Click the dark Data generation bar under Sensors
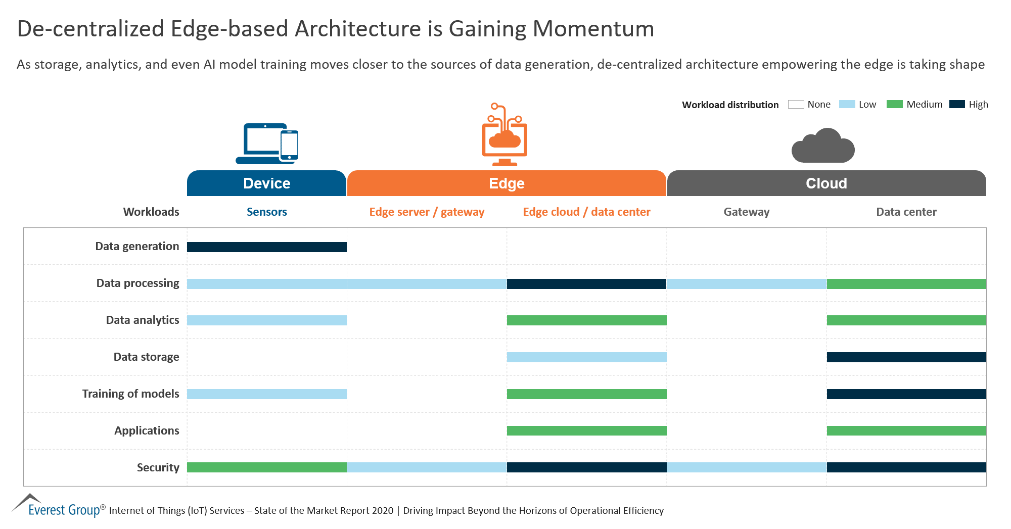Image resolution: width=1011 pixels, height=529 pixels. coord(266,247)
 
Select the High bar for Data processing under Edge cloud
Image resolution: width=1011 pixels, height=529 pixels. coord(586,284)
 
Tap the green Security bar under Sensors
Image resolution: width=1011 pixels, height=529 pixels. coord(266,467)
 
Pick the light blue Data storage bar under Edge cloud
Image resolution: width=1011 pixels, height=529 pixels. coord(586,357)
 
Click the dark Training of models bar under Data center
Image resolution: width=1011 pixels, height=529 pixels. coord(906,394)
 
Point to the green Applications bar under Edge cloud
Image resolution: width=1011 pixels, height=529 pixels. coord(586,430)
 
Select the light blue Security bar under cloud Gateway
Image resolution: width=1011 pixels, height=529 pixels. coord(747,467)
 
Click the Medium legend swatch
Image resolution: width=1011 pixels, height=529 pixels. coord(894,104)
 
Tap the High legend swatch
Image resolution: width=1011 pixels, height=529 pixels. coord(957,104)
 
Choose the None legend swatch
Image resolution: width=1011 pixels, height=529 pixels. coord(796,104)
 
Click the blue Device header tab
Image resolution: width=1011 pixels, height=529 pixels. coord(266,183)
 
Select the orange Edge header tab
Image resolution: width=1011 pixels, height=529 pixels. coord(507,183)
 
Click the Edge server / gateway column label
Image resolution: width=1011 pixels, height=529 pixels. coord(427,212)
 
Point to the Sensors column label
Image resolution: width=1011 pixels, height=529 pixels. coord(266,212)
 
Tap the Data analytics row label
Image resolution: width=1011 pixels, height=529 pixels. coord(143,320)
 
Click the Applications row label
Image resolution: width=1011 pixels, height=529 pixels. coord(147,430)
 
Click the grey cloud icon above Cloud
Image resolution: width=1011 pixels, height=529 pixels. coord(823,147)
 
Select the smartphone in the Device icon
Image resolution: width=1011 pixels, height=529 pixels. coord(289,146)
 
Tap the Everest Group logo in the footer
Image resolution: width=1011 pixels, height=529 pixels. coord(58,506)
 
